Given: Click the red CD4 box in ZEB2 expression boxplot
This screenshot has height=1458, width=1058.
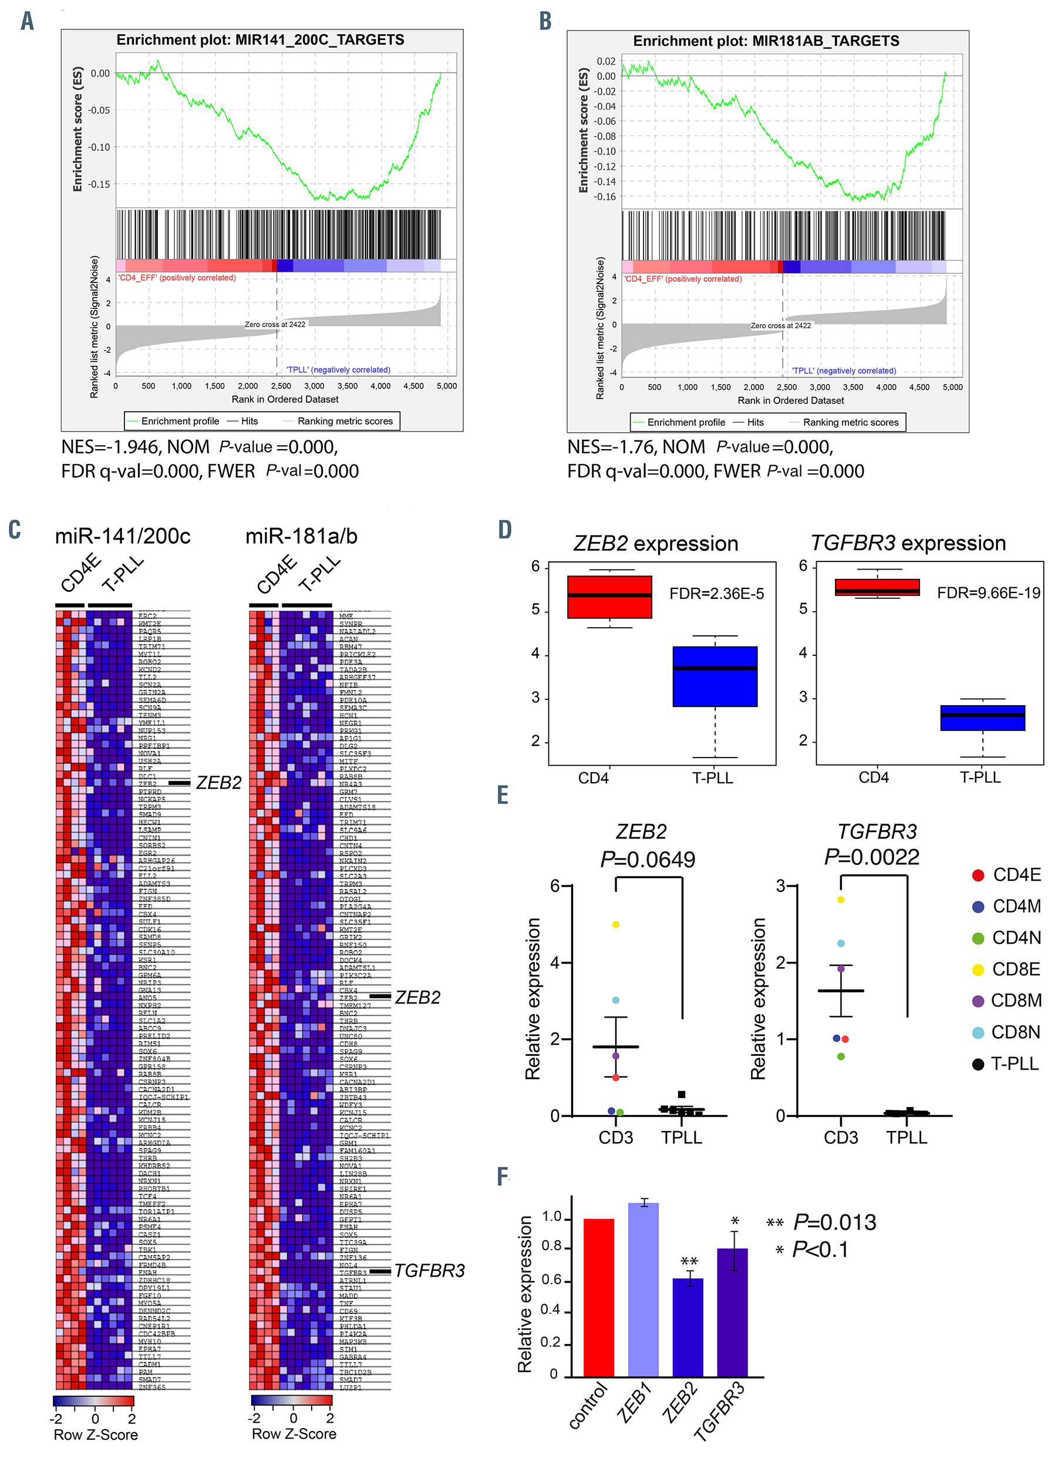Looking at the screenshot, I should [609, 597].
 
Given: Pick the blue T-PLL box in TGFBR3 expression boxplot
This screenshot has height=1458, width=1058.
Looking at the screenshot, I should [982, 718].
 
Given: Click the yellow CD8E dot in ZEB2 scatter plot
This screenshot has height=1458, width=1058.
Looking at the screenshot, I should [616, 924].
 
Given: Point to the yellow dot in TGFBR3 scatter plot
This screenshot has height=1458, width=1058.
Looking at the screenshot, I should [841, 900].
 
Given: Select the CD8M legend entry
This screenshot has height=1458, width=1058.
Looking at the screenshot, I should [1016, 1001].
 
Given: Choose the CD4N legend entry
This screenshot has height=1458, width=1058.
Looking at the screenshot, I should [1016, 938].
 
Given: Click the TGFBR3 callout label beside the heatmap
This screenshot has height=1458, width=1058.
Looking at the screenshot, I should [429, 1271].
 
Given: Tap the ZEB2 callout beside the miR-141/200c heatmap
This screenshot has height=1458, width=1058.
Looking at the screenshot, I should [218, 783].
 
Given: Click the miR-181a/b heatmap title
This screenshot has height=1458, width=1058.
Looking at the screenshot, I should [301, 536].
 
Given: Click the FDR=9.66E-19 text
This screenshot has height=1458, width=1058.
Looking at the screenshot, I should [988, 592].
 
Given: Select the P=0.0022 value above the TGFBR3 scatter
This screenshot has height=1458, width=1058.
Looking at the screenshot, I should [872, 857].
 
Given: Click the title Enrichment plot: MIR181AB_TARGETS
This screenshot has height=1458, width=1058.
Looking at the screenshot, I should [766, 41].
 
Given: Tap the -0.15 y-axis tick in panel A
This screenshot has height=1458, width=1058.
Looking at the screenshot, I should [99, 184].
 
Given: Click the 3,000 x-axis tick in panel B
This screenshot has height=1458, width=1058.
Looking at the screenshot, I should [820, 387].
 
